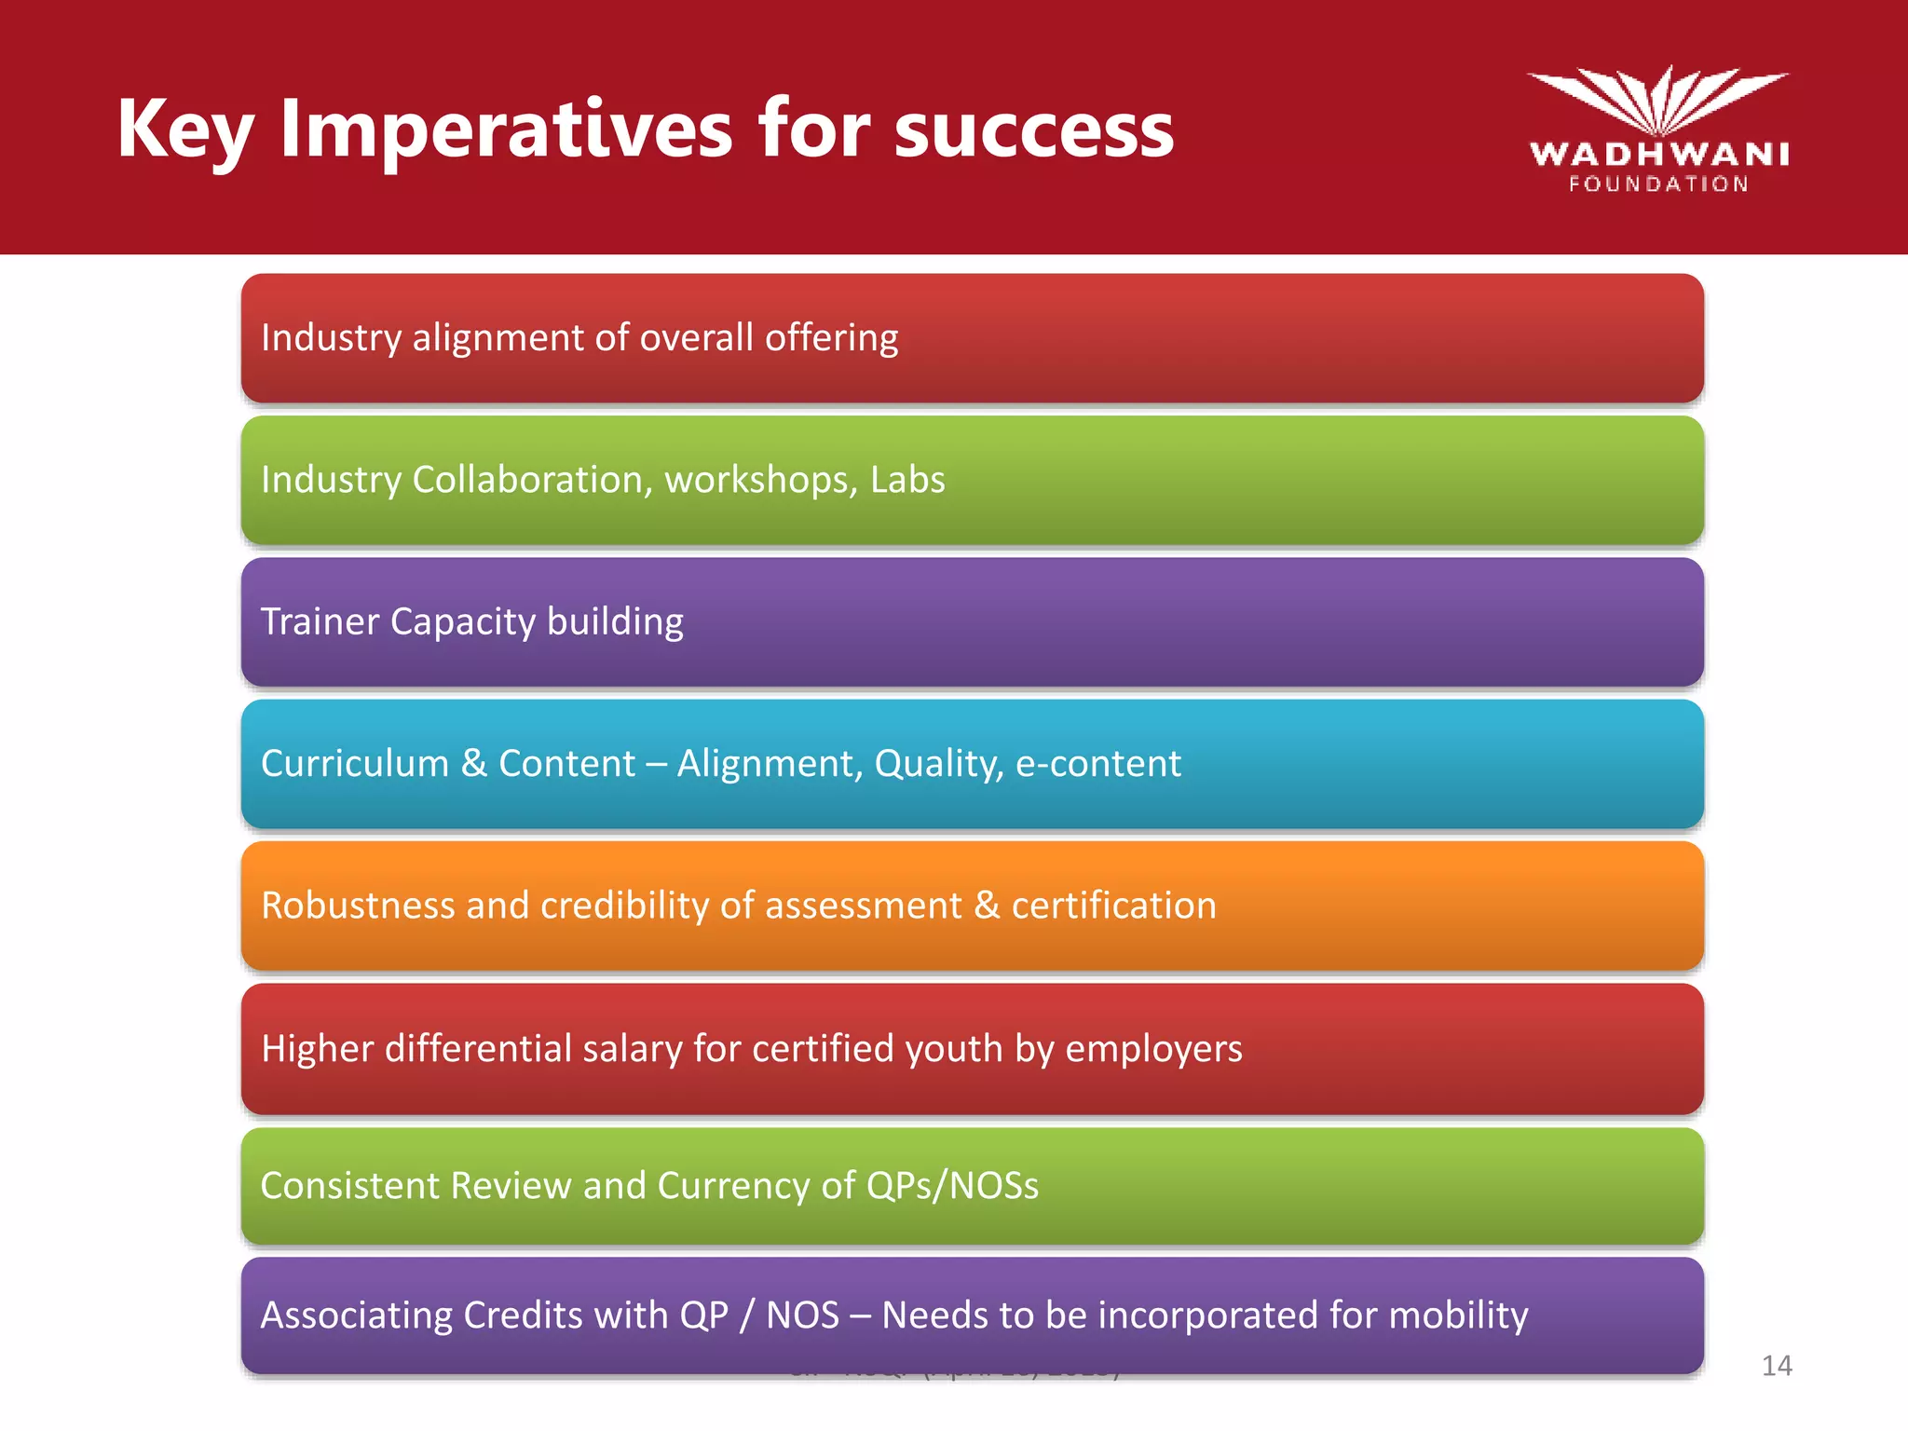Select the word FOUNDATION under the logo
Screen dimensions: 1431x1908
(x=1658, y=184)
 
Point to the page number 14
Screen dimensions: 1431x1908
(x=1776, y=1366)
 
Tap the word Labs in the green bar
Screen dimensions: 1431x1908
(x=906, y=480)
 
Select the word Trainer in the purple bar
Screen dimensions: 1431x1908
(x=320, y=621)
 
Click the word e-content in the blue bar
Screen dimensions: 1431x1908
(x=1097, y=764)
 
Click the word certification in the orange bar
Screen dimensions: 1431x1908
(x=1113, y=906)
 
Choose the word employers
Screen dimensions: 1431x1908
(x=1153, y=1050)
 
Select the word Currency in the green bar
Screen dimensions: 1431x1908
(x=733, y=1186)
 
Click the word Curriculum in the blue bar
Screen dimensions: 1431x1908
(x=355, y=764)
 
